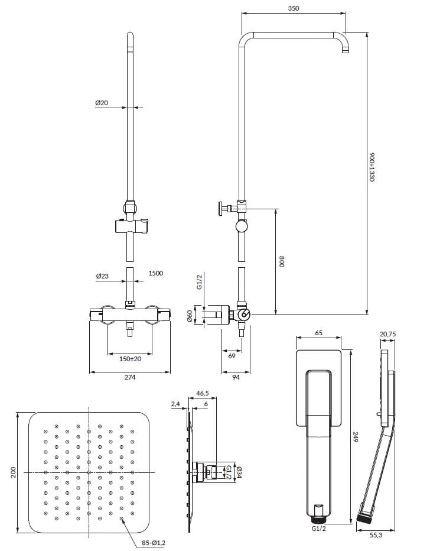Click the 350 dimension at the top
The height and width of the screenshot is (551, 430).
[294, 8]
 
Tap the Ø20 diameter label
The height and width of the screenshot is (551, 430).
[102, 103]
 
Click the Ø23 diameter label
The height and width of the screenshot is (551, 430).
[102, 275]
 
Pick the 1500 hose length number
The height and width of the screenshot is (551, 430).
[156, 273]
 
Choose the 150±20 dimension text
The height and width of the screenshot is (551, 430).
[129, 358]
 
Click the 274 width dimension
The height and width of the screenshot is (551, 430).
[130, 378]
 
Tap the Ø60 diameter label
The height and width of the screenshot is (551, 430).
[190, 316]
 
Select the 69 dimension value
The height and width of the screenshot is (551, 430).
[232, 356]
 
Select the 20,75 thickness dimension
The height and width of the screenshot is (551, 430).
[387, 335]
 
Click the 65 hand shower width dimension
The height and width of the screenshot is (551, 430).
[318, 333]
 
